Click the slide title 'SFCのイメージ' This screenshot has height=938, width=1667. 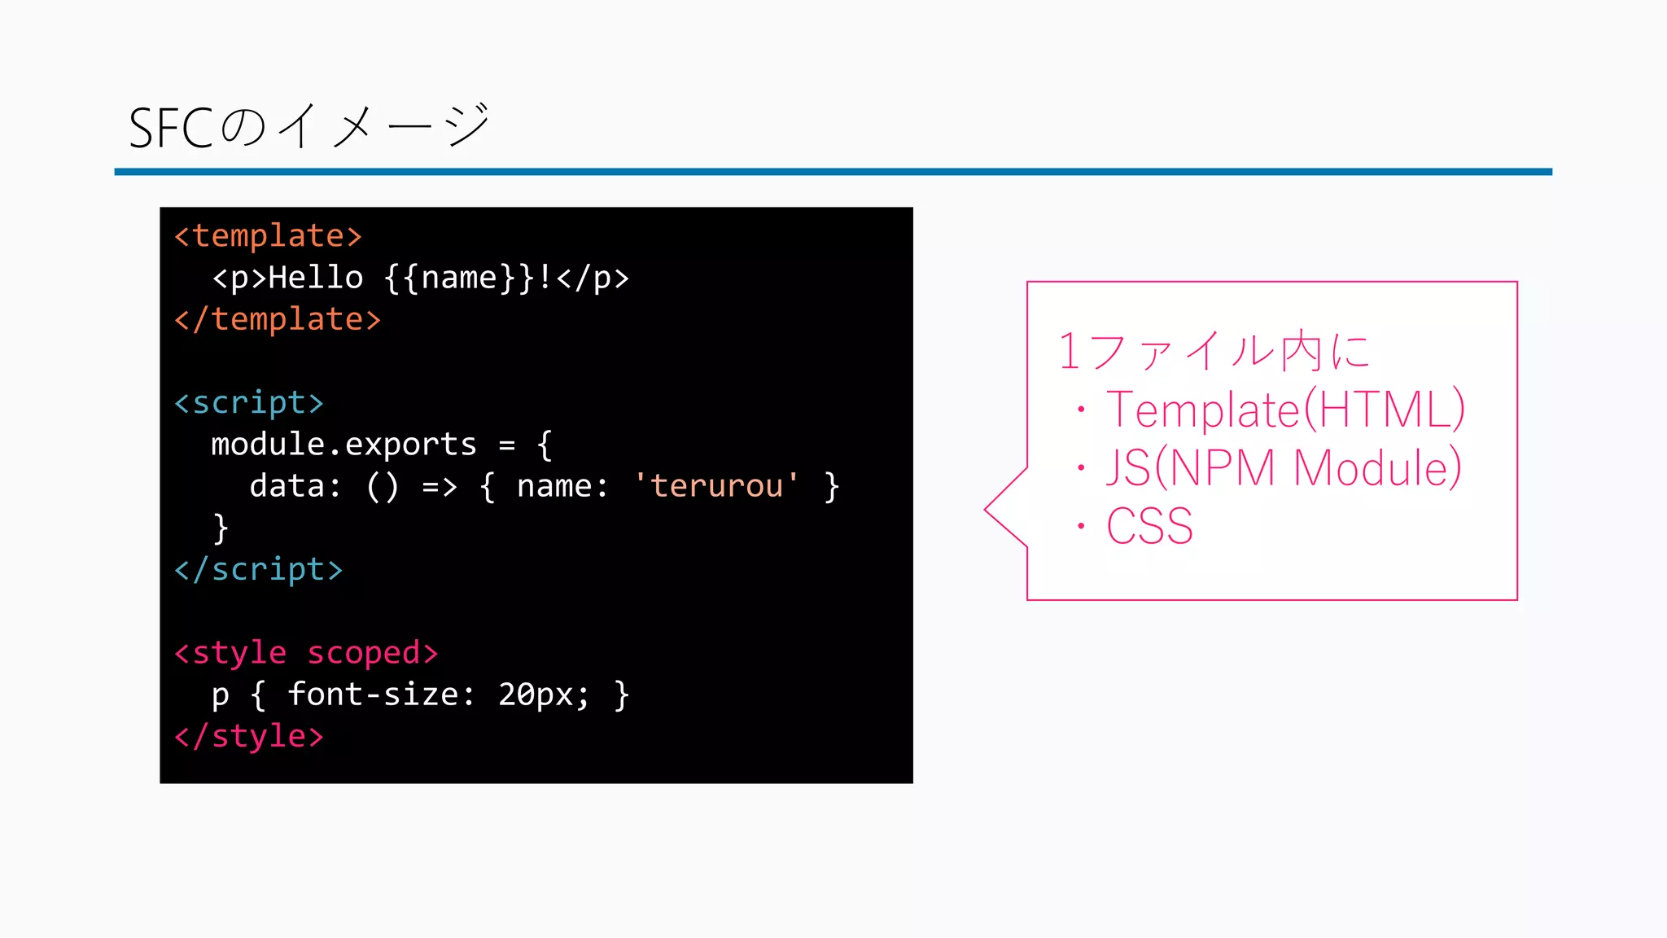coord(309,127)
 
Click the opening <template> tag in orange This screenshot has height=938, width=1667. coord(268,236)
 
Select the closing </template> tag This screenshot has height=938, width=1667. coord(278,319)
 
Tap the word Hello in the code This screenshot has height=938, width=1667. coord(316,278)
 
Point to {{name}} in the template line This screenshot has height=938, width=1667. coord(459,278)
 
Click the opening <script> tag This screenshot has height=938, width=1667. coord(249,402)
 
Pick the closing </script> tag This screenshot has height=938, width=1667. coord(258,569)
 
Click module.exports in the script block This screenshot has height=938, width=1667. coord(343,445)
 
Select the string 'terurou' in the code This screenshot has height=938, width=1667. coord(716,486)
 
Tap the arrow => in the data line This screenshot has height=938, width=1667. coord(440,486)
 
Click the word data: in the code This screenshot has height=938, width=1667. coord(295,486)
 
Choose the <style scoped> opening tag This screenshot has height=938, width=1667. coord(306,653)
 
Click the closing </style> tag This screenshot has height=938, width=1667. coord(249,736)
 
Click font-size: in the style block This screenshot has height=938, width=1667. coord(381,695)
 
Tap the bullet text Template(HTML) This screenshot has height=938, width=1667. coord(1284,409)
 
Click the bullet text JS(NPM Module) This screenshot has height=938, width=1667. coord(1283,467)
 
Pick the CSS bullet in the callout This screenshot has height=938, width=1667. coord(1149,526)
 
